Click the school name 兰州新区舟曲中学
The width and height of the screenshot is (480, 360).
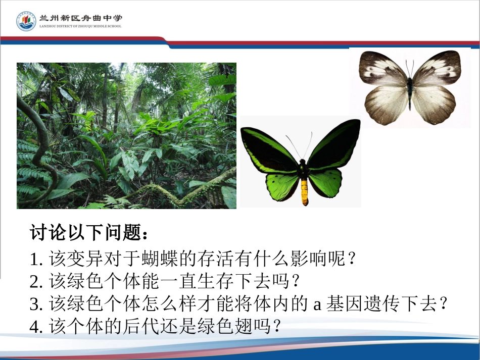[x=80, y=18]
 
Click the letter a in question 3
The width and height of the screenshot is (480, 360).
[x=318, y=304]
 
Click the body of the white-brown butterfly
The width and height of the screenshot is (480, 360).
[x=410, y=91]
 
